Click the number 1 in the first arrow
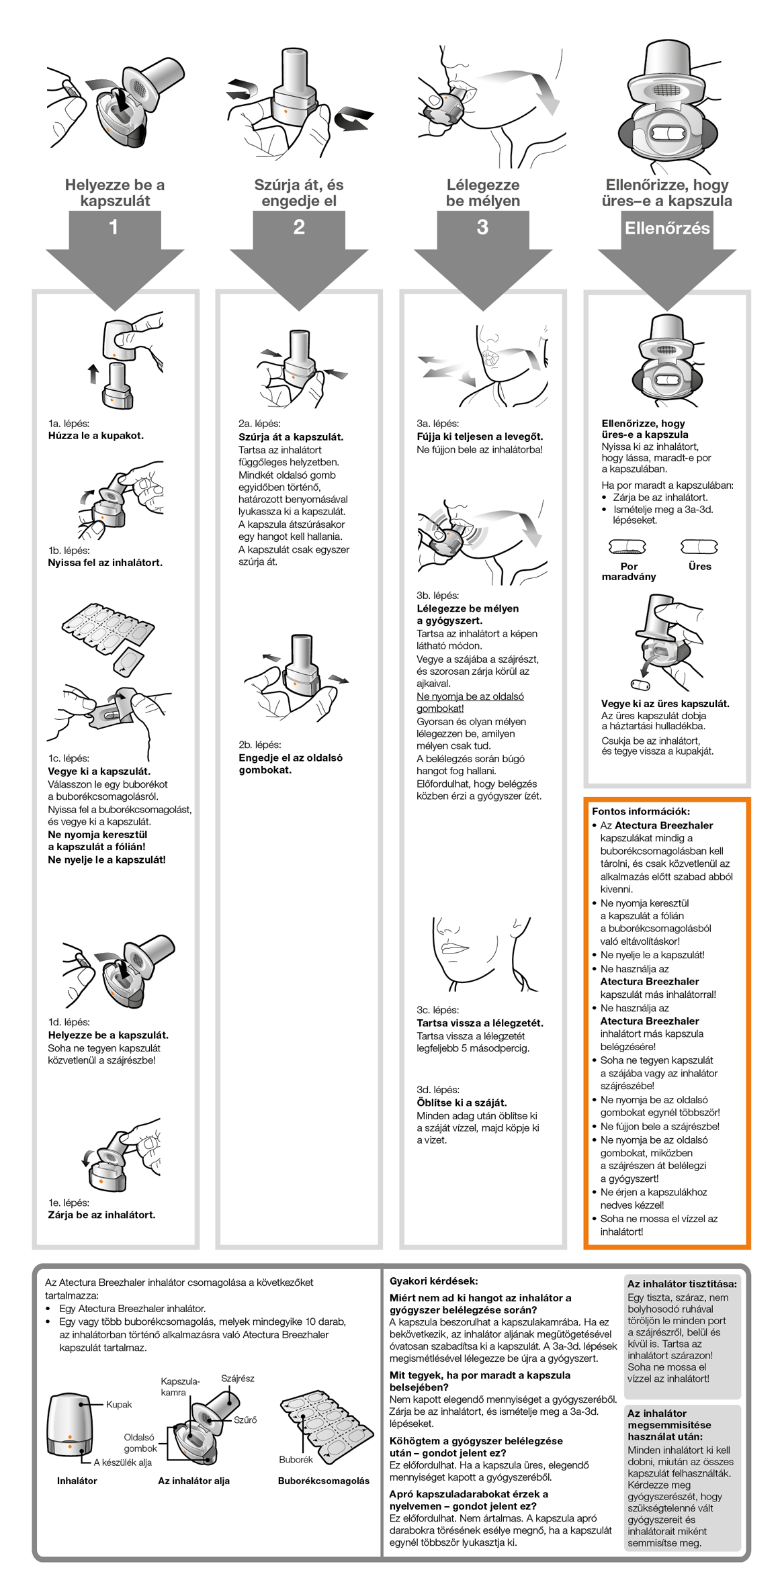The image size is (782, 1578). [x=114, y=227]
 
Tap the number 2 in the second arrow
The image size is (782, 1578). [x=299, y=227]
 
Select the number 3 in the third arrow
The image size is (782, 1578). [x=482, y=227]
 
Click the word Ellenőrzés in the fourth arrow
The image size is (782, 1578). [x=666, y=228]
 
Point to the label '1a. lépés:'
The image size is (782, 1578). [x=69, y=423]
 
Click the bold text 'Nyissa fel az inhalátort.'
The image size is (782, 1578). [x=105, y=562]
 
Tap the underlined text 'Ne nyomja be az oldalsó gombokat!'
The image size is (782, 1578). [x=470, y=702]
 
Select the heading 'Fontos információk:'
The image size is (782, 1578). [x=640, y=811]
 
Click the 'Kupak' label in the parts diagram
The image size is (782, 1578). [x=119, y=1404]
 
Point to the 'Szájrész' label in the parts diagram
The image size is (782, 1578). [x=238, y=1378]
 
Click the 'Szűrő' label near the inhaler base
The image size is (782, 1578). [x=245, y=1420]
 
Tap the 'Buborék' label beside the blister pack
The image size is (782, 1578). [x=296, y=1459]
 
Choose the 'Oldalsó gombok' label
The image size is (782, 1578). [x=140, y=1442]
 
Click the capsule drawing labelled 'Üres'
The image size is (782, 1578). [x=699, y=547]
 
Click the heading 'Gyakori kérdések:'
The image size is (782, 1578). [x=433, y=1281]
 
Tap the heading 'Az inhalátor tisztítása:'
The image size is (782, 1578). [x=682, y=1283]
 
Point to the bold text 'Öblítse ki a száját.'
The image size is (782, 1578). [x=462, y=1102]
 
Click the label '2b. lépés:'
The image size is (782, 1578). [x=260, y=744]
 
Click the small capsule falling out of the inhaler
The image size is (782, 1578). [x=640, y=685]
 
